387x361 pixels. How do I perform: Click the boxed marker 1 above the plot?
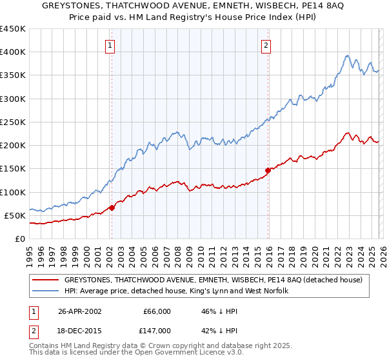coord(111,46)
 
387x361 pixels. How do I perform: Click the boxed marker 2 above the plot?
coord(266,46)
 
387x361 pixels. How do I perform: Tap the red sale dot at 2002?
coord(112,208)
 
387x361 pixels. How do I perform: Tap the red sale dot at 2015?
coord(267,170)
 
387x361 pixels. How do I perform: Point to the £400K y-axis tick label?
coord(13,52)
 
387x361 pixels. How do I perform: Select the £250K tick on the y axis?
coord(13,122)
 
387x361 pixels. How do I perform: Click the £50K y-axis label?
coord(15,215)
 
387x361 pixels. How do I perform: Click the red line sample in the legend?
coord(45,280)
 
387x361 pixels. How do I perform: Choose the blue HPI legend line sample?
coord(45,291)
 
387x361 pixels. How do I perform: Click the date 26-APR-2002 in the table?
coord(79,311)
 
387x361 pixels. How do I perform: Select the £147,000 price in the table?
coord(157,329)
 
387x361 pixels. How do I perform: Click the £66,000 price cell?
coord(157,311)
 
